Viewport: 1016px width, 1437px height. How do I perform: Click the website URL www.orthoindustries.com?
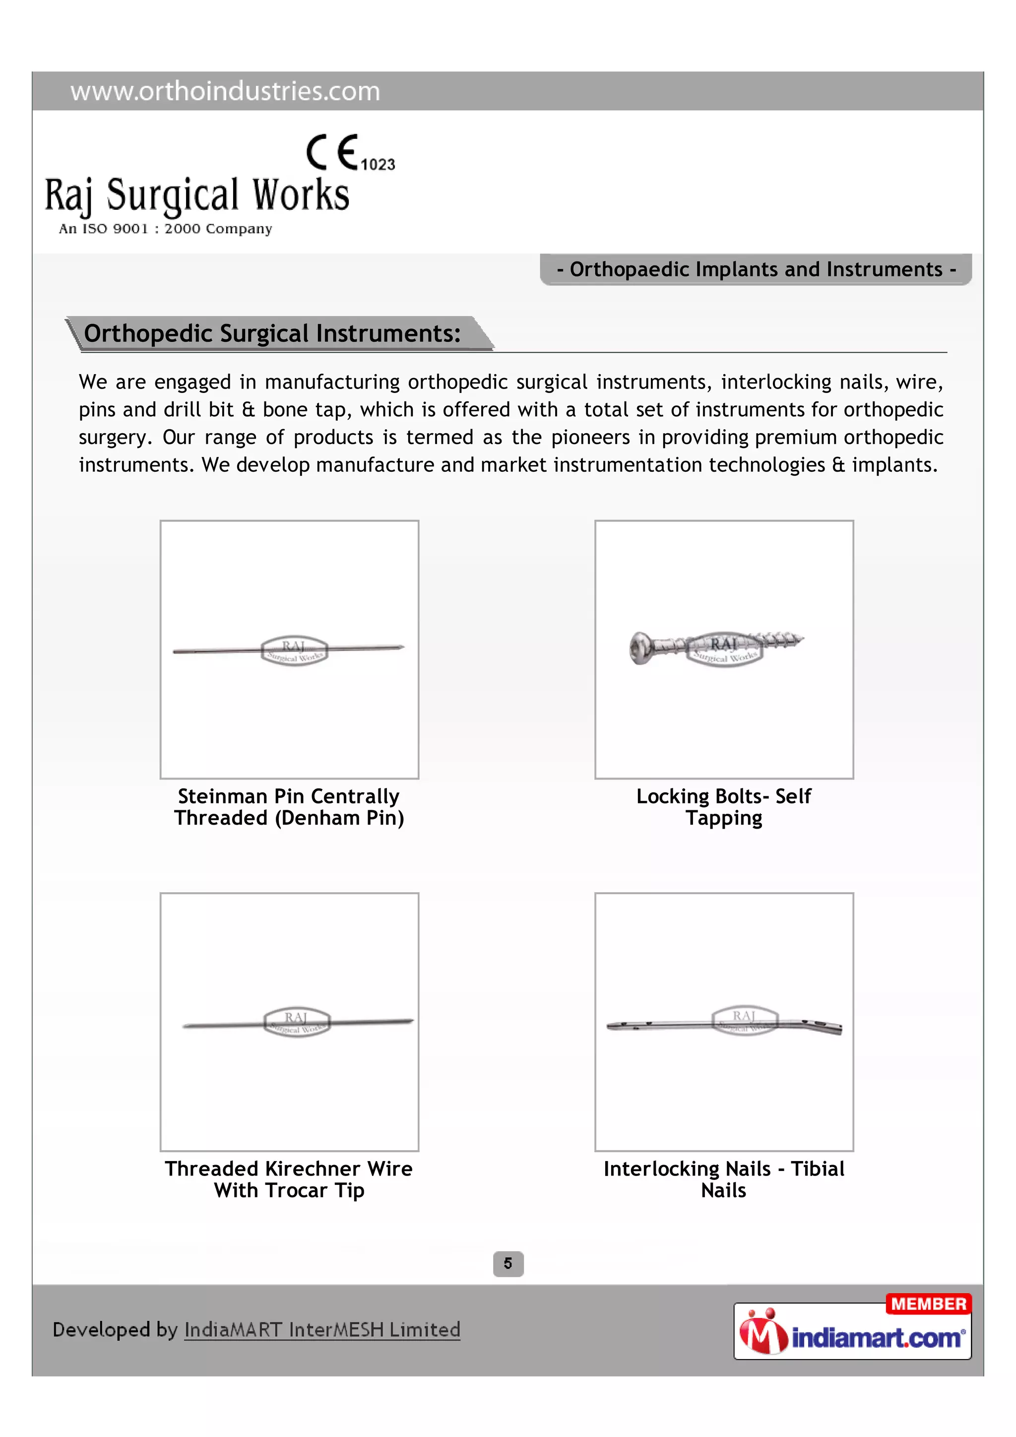click(225, 91)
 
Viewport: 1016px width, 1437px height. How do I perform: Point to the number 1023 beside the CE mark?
click(378, 165)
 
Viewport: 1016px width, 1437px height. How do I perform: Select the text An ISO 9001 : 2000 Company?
click(165, 229)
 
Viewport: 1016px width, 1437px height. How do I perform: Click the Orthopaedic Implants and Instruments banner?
click(756, 269)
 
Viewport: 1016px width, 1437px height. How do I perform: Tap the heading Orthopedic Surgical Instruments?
click(272, 333)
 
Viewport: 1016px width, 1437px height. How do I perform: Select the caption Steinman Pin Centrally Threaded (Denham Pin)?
click(289, 807)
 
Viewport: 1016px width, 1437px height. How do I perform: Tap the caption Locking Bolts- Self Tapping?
click(724, 807)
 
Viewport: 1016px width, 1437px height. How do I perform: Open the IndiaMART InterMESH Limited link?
click(322, 1329)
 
